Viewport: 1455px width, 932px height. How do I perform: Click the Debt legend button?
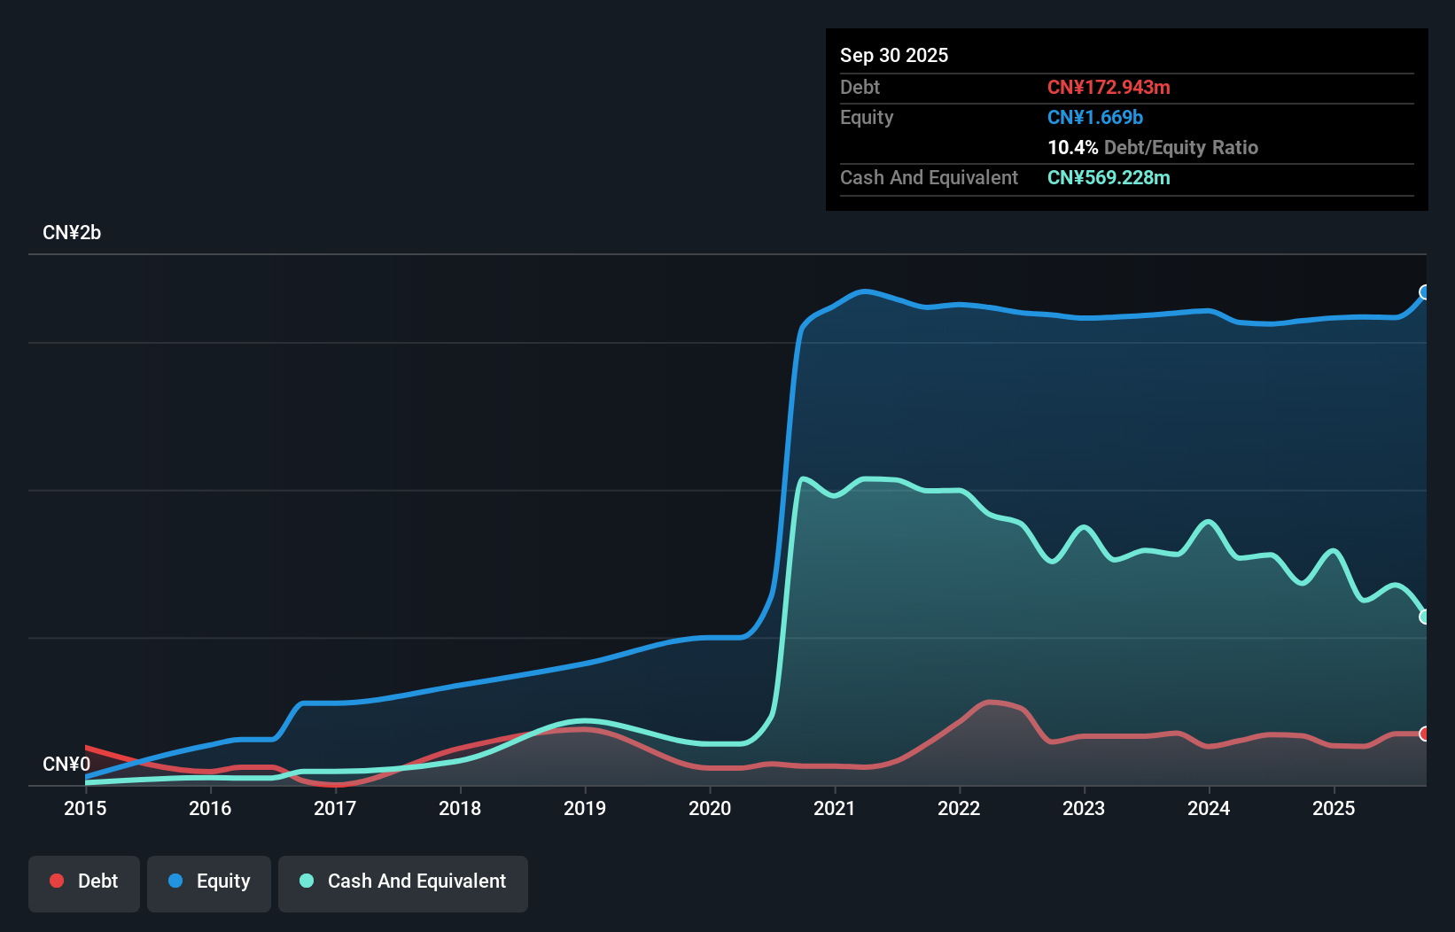coord(84,883)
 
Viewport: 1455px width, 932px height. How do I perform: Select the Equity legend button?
coord(208,883)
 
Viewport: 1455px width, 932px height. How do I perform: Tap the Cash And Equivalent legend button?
coord(402,883)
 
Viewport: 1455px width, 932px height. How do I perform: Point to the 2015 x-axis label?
coord(85,808)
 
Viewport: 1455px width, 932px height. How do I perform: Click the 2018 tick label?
coord(460,808)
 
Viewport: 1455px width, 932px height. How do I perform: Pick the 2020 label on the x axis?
coord(710,808)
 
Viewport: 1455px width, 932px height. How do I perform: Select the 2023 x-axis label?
coord(1084,808)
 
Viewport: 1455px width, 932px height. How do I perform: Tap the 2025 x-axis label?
coord(1334,808)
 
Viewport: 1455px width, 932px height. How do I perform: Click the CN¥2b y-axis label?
coord(72,232)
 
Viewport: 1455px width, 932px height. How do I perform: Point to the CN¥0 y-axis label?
coord(66,764)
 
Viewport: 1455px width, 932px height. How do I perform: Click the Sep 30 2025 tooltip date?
coord(894,55)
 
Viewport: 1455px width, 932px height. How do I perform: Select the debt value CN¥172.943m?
coord(1109,87)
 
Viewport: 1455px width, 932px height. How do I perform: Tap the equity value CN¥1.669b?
coord(1095,118)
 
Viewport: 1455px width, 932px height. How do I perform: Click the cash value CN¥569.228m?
coord(1109,177)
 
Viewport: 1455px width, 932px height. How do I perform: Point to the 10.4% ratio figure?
coord(1072,147)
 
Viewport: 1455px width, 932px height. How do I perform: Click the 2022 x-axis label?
coord(959,808)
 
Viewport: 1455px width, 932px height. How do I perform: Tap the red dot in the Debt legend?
coord(57,881)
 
